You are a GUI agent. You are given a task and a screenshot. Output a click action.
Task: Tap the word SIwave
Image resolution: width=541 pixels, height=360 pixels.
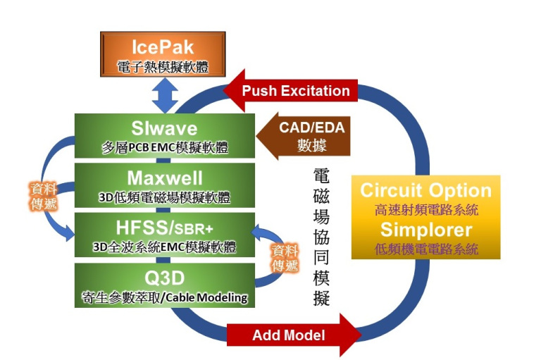coord(163,128)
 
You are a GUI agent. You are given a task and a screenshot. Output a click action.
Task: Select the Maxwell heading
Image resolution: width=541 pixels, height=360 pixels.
coord(163,177)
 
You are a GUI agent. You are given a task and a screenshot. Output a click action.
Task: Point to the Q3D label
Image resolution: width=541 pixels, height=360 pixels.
coord(163,277)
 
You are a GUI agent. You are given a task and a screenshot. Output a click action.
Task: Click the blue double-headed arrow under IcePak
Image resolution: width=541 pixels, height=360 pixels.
coord(165,96)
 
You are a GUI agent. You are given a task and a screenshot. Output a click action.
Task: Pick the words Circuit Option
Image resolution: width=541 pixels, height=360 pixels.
coord(425,190)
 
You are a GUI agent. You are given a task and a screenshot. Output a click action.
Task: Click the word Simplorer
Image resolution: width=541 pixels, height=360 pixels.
coord(425,230)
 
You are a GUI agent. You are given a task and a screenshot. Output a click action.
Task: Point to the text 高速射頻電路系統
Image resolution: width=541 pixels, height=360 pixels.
coord(425,209)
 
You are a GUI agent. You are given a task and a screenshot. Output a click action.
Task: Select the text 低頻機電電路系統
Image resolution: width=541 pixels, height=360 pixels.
coord(425,249)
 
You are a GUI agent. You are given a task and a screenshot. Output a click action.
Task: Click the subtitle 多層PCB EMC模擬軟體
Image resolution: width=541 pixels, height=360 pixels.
coord(163,147)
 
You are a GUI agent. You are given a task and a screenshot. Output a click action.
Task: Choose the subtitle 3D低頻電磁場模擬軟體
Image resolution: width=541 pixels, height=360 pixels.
coord(163,197)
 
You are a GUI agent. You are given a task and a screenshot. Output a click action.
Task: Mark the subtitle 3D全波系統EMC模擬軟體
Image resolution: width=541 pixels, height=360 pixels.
coord(163,247)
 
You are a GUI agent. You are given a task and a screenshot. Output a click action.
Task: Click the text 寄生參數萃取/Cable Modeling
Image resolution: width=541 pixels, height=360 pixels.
coord(163,297)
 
